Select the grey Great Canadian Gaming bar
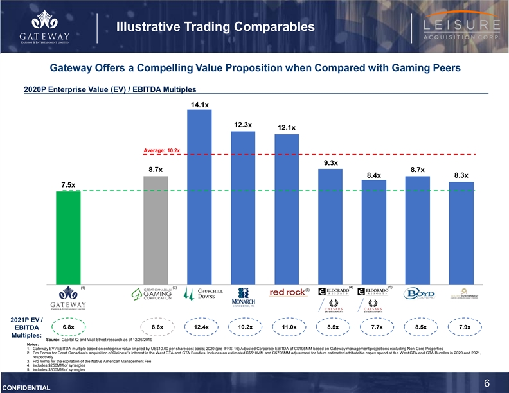click(x=156, y=230)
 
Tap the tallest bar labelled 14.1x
click(x=199, y=196)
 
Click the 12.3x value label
click(x=242, y=125)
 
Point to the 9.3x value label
click(x=331, y=163)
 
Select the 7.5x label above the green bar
click(x=69, y=185)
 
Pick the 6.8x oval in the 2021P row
click(x=69, y=327)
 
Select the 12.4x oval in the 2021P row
click(x=201, y=327)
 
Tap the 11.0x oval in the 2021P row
click(x=288, y=327)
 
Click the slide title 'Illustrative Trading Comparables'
click(x=215, y=26)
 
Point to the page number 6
click(x=487, y=383)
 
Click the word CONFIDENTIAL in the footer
click(x=26, y=388)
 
